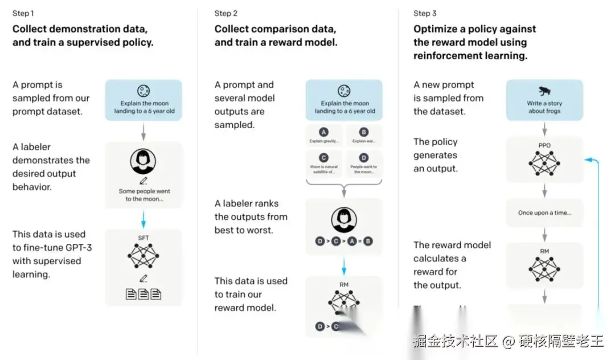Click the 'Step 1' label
(x=23, y=13)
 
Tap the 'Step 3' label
(x=425, y=13)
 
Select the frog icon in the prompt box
(x=544, y=91)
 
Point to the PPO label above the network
(x=544, y=145)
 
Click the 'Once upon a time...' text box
(x=544, y=213)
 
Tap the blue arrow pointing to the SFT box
(x=143, y=218)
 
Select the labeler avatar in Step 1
(x=143, y=162)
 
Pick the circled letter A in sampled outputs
(x=325, y=132)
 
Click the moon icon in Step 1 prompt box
(x=143, y=91)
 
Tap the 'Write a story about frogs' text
(x=544, y=107)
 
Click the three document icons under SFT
(x=143, y=294)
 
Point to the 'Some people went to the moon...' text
(x=144, y=195)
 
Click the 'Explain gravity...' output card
(x=325, y=137)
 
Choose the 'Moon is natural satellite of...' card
(x=325, y=163)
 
